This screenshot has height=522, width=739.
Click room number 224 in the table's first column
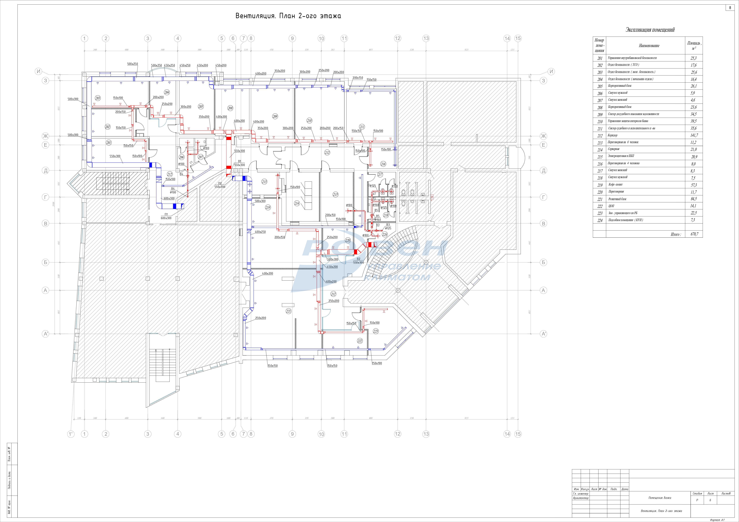pyautogui.click(x=600, y=220)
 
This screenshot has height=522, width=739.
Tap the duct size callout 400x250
pyautogui.click(x=260, y=232)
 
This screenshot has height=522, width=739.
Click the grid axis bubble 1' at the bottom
pyautogui.click(x=71, y=434)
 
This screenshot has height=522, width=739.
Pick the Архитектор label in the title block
pyautogui.click(x=581, y=498)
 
